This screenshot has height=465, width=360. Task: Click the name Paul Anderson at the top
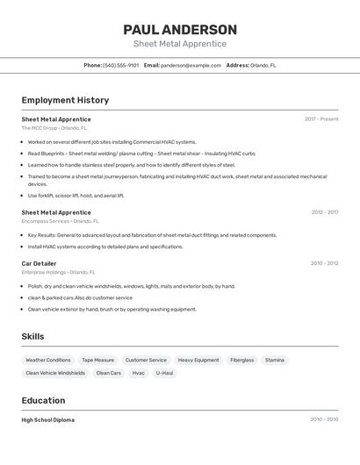pos(180,30)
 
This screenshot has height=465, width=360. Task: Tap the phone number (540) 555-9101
pos(120,66)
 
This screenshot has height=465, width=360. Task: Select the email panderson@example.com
pos(191,66)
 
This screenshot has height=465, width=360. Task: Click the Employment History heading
pos(65,100)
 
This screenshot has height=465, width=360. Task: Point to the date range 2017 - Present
pos(321,119)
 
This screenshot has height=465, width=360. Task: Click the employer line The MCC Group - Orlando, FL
pos(54,128)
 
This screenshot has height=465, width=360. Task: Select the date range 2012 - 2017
pos(324,212)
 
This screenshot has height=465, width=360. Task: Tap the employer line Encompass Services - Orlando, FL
pos(60,221)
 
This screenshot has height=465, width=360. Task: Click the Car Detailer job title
pos(39,263)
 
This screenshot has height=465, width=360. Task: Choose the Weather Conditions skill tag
pos(48,360)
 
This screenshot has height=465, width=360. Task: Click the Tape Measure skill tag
pos(97,360)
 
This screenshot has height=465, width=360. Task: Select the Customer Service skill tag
pos(146,360)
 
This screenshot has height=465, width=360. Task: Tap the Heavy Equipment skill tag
pos(198,360)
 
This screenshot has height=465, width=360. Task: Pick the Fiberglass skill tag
pos(241,360)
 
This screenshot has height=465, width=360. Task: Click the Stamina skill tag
pos(275,360)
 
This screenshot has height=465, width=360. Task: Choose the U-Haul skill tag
pos(165,373)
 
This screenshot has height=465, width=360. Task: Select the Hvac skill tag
pos(139,373)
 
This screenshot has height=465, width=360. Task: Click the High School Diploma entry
pos(47,420)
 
